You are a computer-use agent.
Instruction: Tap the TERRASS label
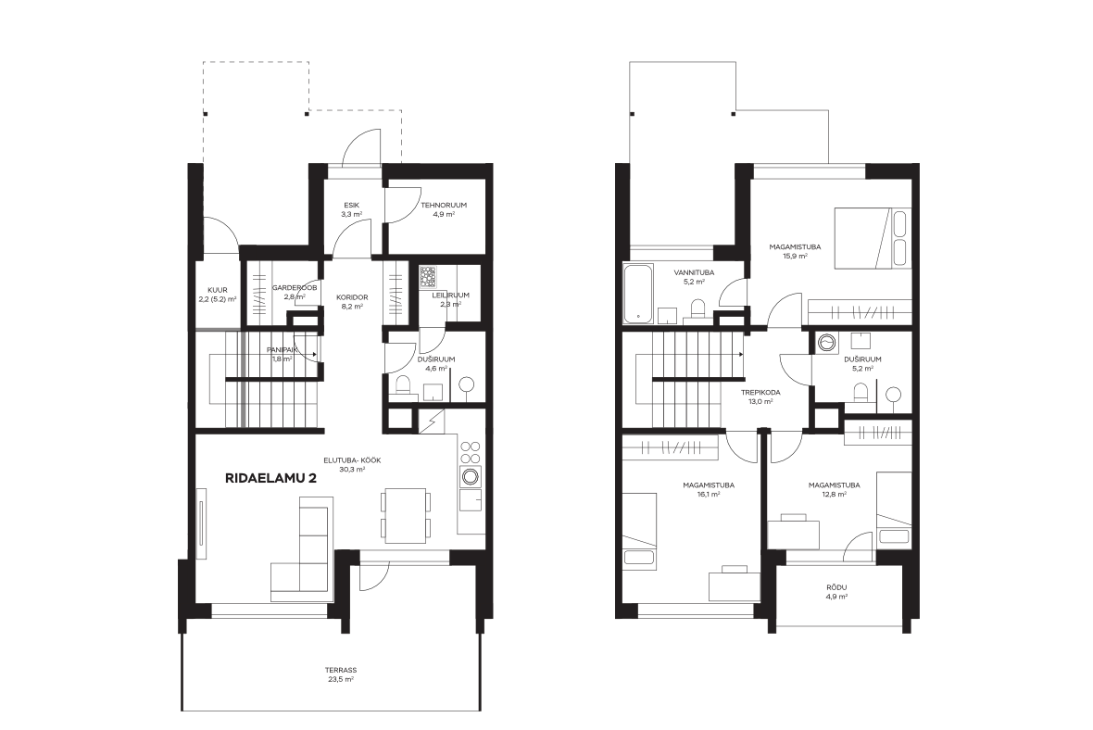[341, 670]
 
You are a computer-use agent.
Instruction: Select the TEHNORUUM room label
[444, 206]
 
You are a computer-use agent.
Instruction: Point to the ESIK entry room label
[351, 205]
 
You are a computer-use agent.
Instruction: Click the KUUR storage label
[218, 290]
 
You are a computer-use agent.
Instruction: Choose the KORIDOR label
[352, 297]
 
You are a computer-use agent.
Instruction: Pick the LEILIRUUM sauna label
[450, 295]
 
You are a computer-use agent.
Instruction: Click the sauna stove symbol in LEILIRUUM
[428, 278]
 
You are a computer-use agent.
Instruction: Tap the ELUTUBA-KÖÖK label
[352, 460]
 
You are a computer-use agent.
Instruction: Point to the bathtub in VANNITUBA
[638, 294]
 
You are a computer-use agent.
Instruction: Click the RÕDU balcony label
[836, 587]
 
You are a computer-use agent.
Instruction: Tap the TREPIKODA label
[760, 393]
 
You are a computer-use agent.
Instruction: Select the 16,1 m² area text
[709, 495]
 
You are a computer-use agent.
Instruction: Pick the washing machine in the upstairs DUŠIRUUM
[827, 343]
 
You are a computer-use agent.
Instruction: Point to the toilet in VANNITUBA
[697, 308]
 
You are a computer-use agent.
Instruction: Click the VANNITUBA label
[694, 272]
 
